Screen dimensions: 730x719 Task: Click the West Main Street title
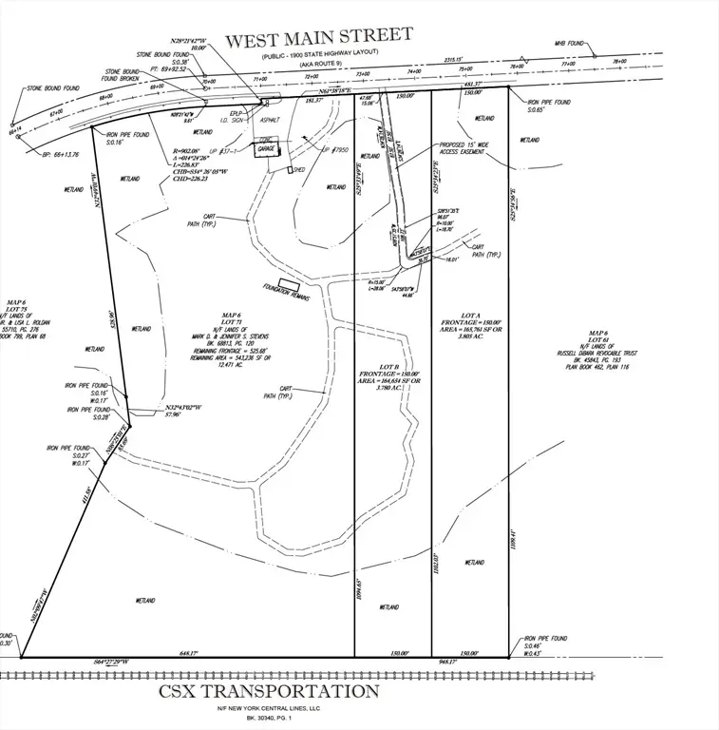coord(318,38)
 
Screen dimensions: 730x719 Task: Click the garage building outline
coord(267,149)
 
